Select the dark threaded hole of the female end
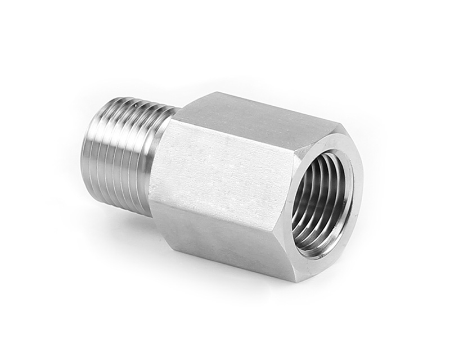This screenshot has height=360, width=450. (x=321, y=200)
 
